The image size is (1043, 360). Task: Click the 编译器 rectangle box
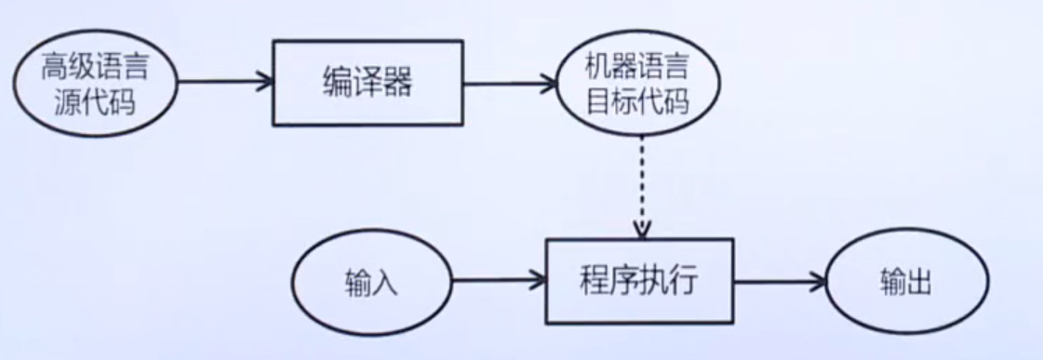tap(368, 83)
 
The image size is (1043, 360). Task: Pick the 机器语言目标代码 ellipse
tap(637, 86)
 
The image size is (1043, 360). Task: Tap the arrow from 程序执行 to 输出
tap(779, 280)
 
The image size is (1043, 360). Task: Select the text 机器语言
tap(637, 68)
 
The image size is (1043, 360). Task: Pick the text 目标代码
tap(637, 101)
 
